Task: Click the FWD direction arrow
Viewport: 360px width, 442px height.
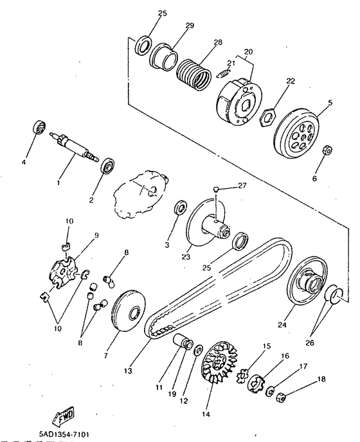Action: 64,416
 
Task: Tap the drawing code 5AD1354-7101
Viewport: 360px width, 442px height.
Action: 65,434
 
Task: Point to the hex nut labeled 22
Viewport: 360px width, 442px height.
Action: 267,117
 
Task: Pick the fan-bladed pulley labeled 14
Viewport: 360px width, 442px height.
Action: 219,362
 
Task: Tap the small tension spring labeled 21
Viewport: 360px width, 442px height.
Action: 224,74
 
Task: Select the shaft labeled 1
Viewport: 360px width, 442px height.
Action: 74,147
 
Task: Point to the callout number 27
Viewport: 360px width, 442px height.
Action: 242,186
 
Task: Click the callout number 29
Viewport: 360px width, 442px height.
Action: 190,25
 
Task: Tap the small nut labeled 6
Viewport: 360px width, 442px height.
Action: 328,150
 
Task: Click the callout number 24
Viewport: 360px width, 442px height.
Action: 282,324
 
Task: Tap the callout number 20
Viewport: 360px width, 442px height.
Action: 249,51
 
